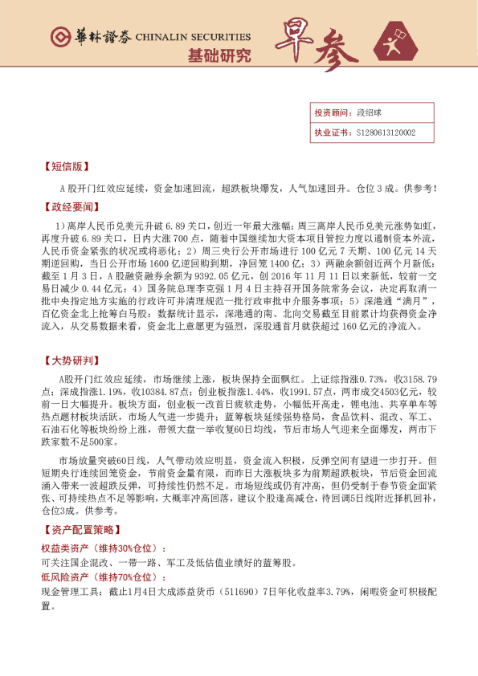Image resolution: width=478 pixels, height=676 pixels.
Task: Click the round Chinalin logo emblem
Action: (x=59, y=36)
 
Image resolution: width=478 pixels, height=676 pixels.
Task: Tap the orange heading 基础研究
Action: (x=219, y=55)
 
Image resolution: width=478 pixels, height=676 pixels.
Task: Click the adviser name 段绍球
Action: (x=367, y=114)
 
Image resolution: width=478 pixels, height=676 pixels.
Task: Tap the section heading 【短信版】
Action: (x=63, y=168)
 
